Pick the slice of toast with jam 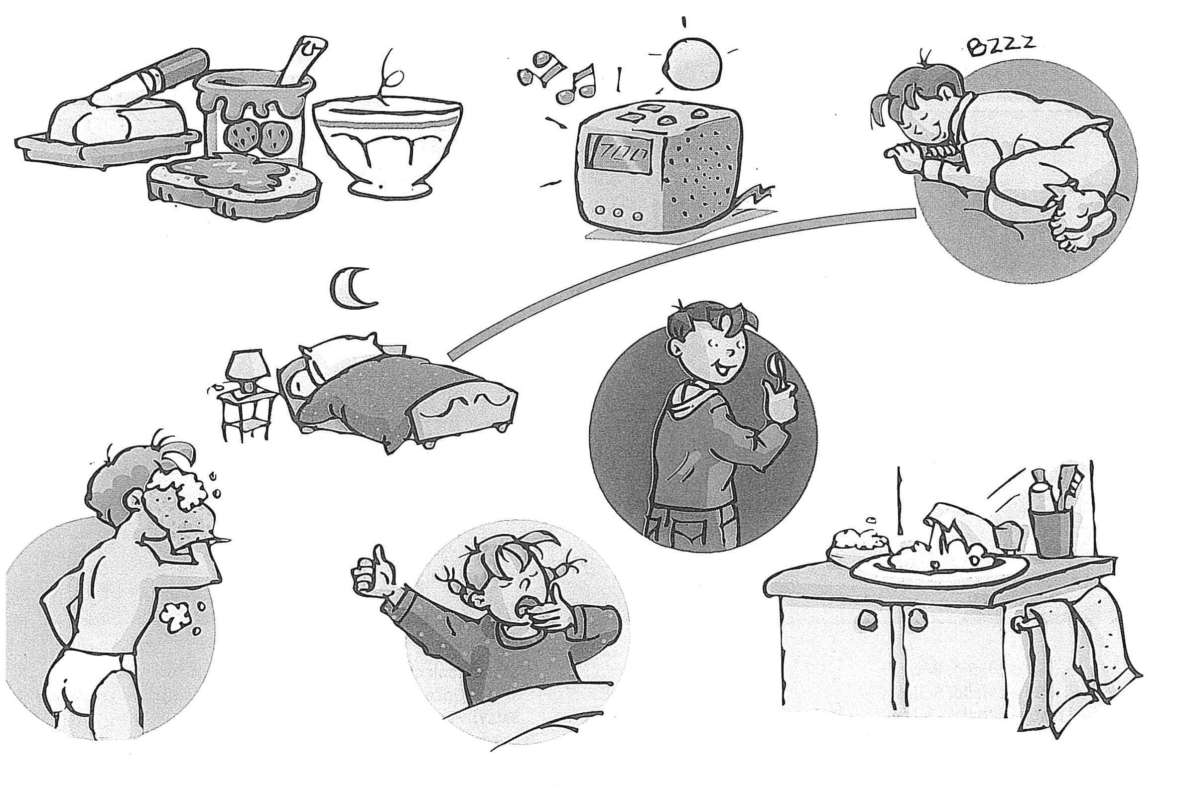pyautogui.click(x=235, y=185)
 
